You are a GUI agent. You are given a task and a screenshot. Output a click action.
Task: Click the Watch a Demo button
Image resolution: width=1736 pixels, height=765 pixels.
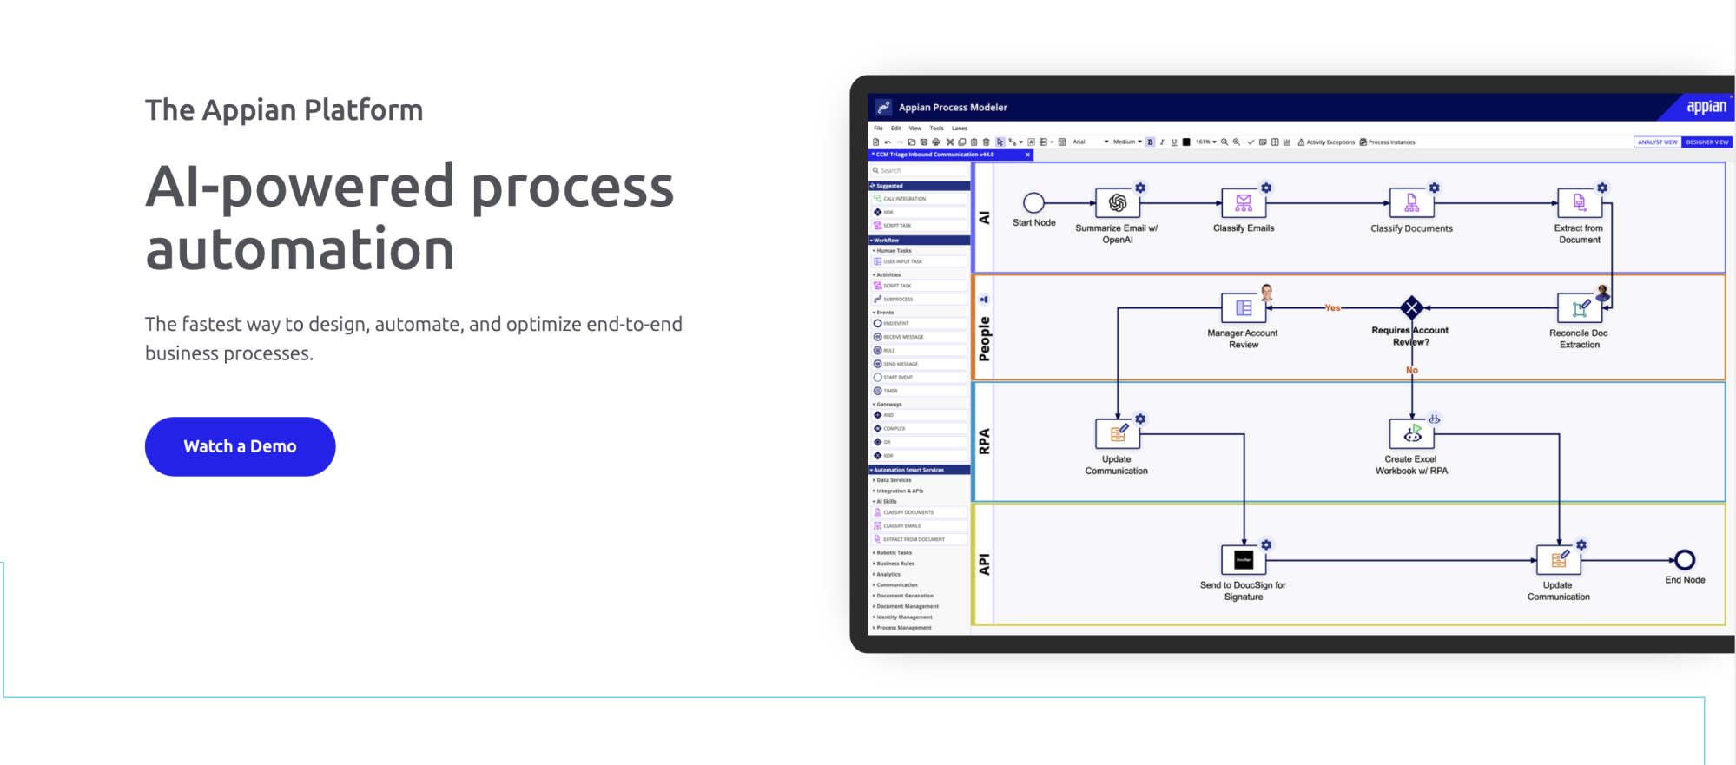tap(240, 446)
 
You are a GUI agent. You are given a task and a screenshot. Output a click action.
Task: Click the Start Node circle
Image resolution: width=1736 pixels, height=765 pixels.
tap(1033, 203)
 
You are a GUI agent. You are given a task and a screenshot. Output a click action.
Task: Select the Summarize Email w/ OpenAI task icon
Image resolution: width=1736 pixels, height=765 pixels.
tap(1118, 203)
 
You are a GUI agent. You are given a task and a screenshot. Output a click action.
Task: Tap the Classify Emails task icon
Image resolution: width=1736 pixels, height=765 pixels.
tap(1244, 203)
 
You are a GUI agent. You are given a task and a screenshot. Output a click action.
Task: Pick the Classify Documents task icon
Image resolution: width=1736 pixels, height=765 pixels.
tap(1411, 203)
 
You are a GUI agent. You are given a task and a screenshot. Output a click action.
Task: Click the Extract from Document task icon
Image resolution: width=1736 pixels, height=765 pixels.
tap(1579, 203)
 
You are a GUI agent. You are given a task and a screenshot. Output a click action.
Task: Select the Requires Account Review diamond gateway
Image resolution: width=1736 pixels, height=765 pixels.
tap(1412, 307)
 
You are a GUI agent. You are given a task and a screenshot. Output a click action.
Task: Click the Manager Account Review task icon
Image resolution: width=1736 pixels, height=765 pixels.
tap(1244, 307)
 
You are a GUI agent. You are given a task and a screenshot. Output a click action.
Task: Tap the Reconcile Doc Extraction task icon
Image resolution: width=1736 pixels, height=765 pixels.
tap(1579, 307)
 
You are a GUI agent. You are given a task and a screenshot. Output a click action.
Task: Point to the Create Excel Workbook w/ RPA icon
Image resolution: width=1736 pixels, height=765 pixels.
tap(1411, 433)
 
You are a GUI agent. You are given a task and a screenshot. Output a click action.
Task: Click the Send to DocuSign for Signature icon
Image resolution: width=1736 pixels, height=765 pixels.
tap(1244, 560)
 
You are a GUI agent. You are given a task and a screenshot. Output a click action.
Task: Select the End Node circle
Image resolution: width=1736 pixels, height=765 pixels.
tap(1685, 560)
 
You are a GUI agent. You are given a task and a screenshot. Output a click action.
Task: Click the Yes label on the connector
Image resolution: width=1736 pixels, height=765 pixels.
tap(1332, 307)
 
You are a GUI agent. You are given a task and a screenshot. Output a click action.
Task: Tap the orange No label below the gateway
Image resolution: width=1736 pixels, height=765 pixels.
tap(1412, 370)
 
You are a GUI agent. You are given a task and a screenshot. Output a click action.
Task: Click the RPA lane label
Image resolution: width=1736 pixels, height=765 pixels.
tap(984, 441)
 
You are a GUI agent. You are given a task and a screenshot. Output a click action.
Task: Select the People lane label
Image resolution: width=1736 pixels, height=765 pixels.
tap(984, 339)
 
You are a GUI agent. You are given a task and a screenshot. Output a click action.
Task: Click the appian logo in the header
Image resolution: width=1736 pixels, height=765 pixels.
tap(1706, 107)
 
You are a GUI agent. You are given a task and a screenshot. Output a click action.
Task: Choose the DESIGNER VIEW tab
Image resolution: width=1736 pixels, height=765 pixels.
tap(1706, 142)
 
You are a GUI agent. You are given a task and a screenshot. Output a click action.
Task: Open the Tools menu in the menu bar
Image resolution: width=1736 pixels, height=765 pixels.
tap(936, 128)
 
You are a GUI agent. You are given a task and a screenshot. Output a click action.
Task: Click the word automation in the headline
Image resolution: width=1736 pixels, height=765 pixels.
tap(300, 250)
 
